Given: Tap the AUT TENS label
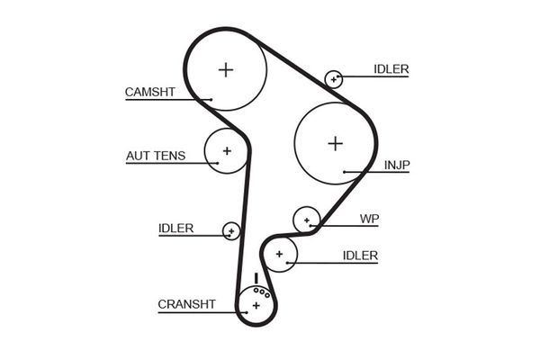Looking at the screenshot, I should [x=156, y=156].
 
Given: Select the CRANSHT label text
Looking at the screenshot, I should [x=186, y=304].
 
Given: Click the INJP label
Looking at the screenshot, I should [x=397, y=165].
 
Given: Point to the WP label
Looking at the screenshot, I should [x=369, y=219].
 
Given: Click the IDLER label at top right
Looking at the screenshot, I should [x=391, y=69].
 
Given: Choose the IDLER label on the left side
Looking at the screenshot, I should [x=175, y=229].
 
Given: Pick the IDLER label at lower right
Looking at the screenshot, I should [x=360, y=256].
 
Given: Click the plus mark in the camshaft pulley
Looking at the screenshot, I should [x=226, y=68].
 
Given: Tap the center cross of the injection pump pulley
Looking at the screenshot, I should [x=336, y=142].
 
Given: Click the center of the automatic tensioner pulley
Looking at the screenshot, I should [x=227, y=150].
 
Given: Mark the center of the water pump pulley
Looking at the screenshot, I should [x=307, y=219].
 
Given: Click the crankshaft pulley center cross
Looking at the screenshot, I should [x=256, y=306].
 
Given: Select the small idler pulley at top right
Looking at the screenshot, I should [x=334, y=78].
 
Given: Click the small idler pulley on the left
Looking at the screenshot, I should [x=231, y=231].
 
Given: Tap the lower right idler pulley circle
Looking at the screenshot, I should [x=280, y=255].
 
